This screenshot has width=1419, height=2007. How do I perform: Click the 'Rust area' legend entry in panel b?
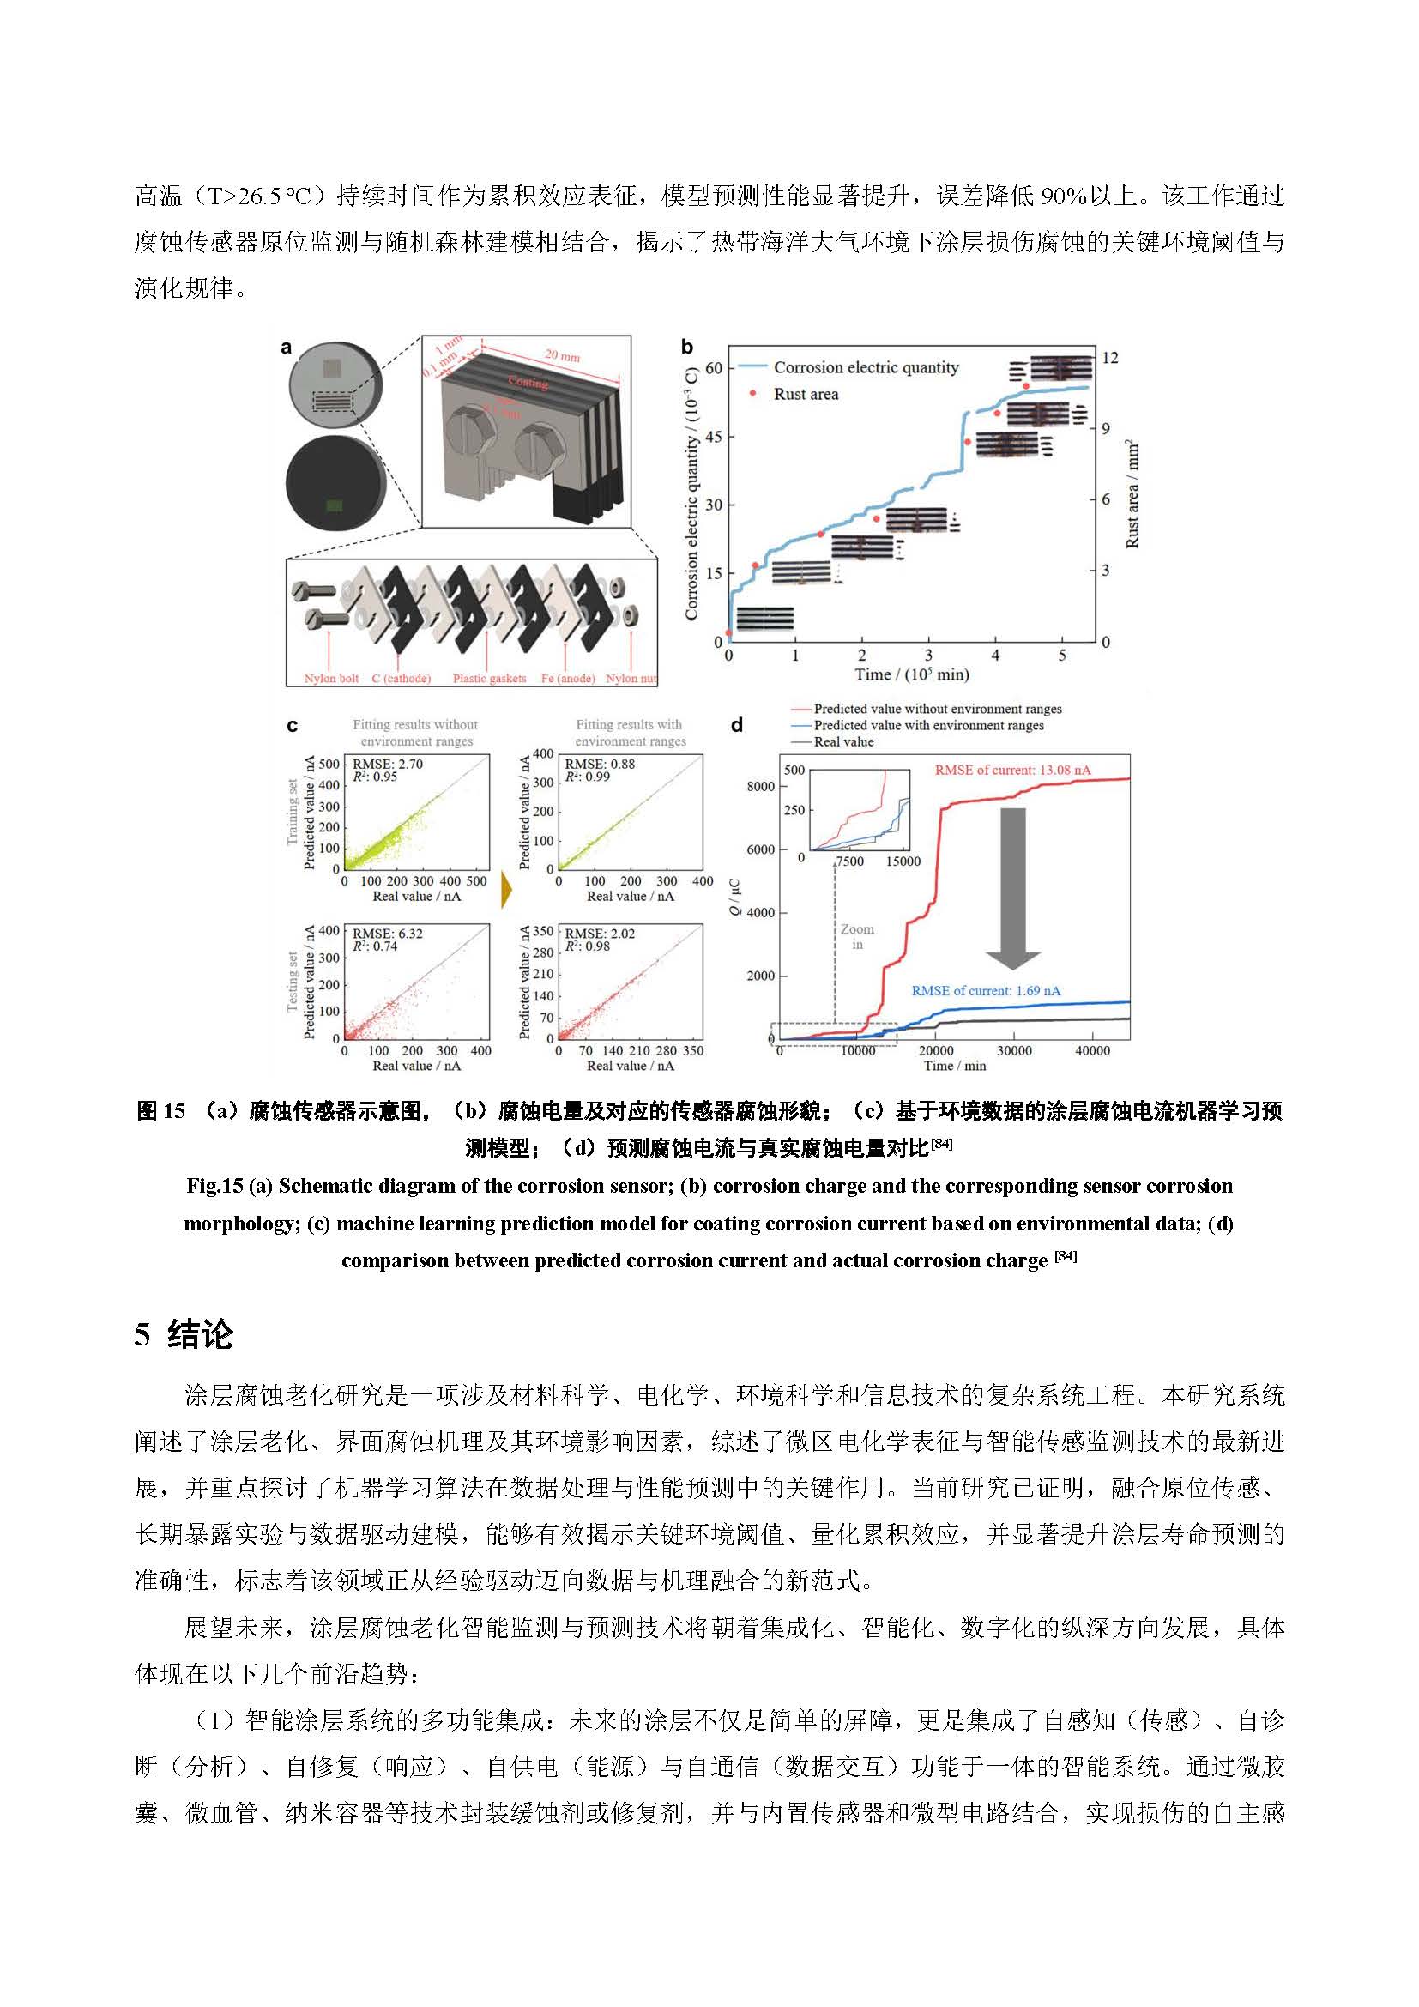pyautogui.click(x=805, y=394)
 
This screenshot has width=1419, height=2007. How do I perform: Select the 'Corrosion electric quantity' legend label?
pyautogui.click(x=865, y=368)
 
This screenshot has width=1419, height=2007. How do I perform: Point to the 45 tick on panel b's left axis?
pyautogui.click(x=714, y=437)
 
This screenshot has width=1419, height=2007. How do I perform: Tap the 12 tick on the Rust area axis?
pyautogui.click(x=1109, y=358)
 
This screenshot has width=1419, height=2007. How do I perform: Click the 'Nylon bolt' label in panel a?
pyautogui.click(x=331, y=679)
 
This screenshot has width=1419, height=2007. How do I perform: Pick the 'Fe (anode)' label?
pyautogui.click(x=568, y=679)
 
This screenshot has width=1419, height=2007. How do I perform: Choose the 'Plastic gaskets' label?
pyautogui.click(x=489, y=679)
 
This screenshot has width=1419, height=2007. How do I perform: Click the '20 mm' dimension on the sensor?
pyautogui.click(x=563, y=356)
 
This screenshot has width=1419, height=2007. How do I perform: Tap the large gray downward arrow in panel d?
pyautogui.click(x=1012, y=887)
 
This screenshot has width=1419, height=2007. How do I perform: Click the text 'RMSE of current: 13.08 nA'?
pyautogui.click(x=1012, y=770)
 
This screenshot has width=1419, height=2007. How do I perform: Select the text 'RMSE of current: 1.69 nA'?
pyautogui.click(x=986, y=991)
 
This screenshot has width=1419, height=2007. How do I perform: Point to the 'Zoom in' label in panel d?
pyautogui.click(x=857, y=936)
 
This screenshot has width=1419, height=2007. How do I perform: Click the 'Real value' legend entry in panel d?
pyautogui.click(x=843, y=742)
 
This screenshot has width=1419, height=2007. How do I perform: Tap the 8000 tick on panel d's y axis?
pyautogui.click(x=760, y=787)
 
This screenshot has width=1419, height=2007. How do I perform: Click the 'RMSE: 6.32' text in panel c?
pyautogui.click(x=387, y=934)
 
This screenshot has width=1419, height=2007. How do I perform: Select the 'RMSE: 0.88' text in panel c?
pyautogui.click(x=600, y=764)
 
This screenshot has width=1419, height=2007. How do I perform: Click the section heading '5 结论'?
pyautogui.click(x=184, y=1335)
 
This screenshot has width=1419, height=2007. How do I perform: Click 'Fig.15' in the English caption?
pyautogui.click(x=214, y=1186)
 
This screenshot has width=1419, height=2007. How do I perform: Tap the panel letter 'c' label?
pyautogui.click(x=293, y=727)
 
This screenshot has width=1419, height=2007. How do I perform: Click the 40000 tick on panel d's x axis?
pyautogui.click(x=1092, y=1051)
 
